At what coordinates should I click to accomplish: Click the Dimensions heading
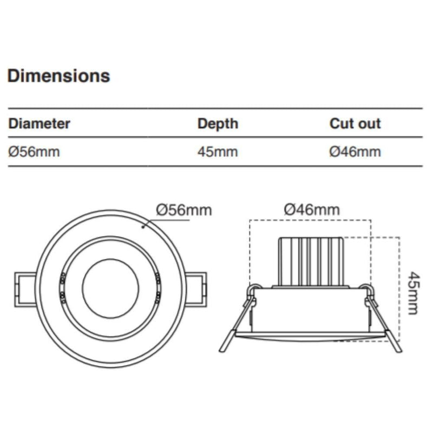pyautogui.click(x=58, y=76)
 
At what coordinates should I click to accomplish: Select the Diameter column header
pyautogui.click(x=39, y=123)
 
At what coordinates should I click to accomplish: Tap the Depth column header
pyautogui.click(x=217, y=123)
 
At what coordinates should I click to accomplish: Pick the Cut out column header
pyautogui.click(x=355, y=123)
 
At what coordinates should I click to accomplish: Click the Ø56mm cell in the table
pyautogui.click(x=34, y=152)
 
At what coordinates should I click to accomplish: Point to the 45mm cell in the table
pyautogui.click(x=217, y=152)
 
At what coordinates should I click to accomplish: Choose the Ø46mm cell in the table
pyautogui.click(x=355, y=152)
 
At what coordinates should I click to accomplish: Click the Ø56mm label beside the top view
pyautogui.click(x=183, y=209)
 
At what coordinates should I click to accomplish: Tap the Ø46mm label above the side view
pyautogui.click(x=312, y=209)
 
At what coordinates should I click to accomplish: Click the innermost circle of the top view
pyautogui.click(x=110, y=288)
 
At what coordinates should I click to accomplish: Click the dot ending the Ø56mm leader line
pyautogui.click(x=143, y=227)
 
